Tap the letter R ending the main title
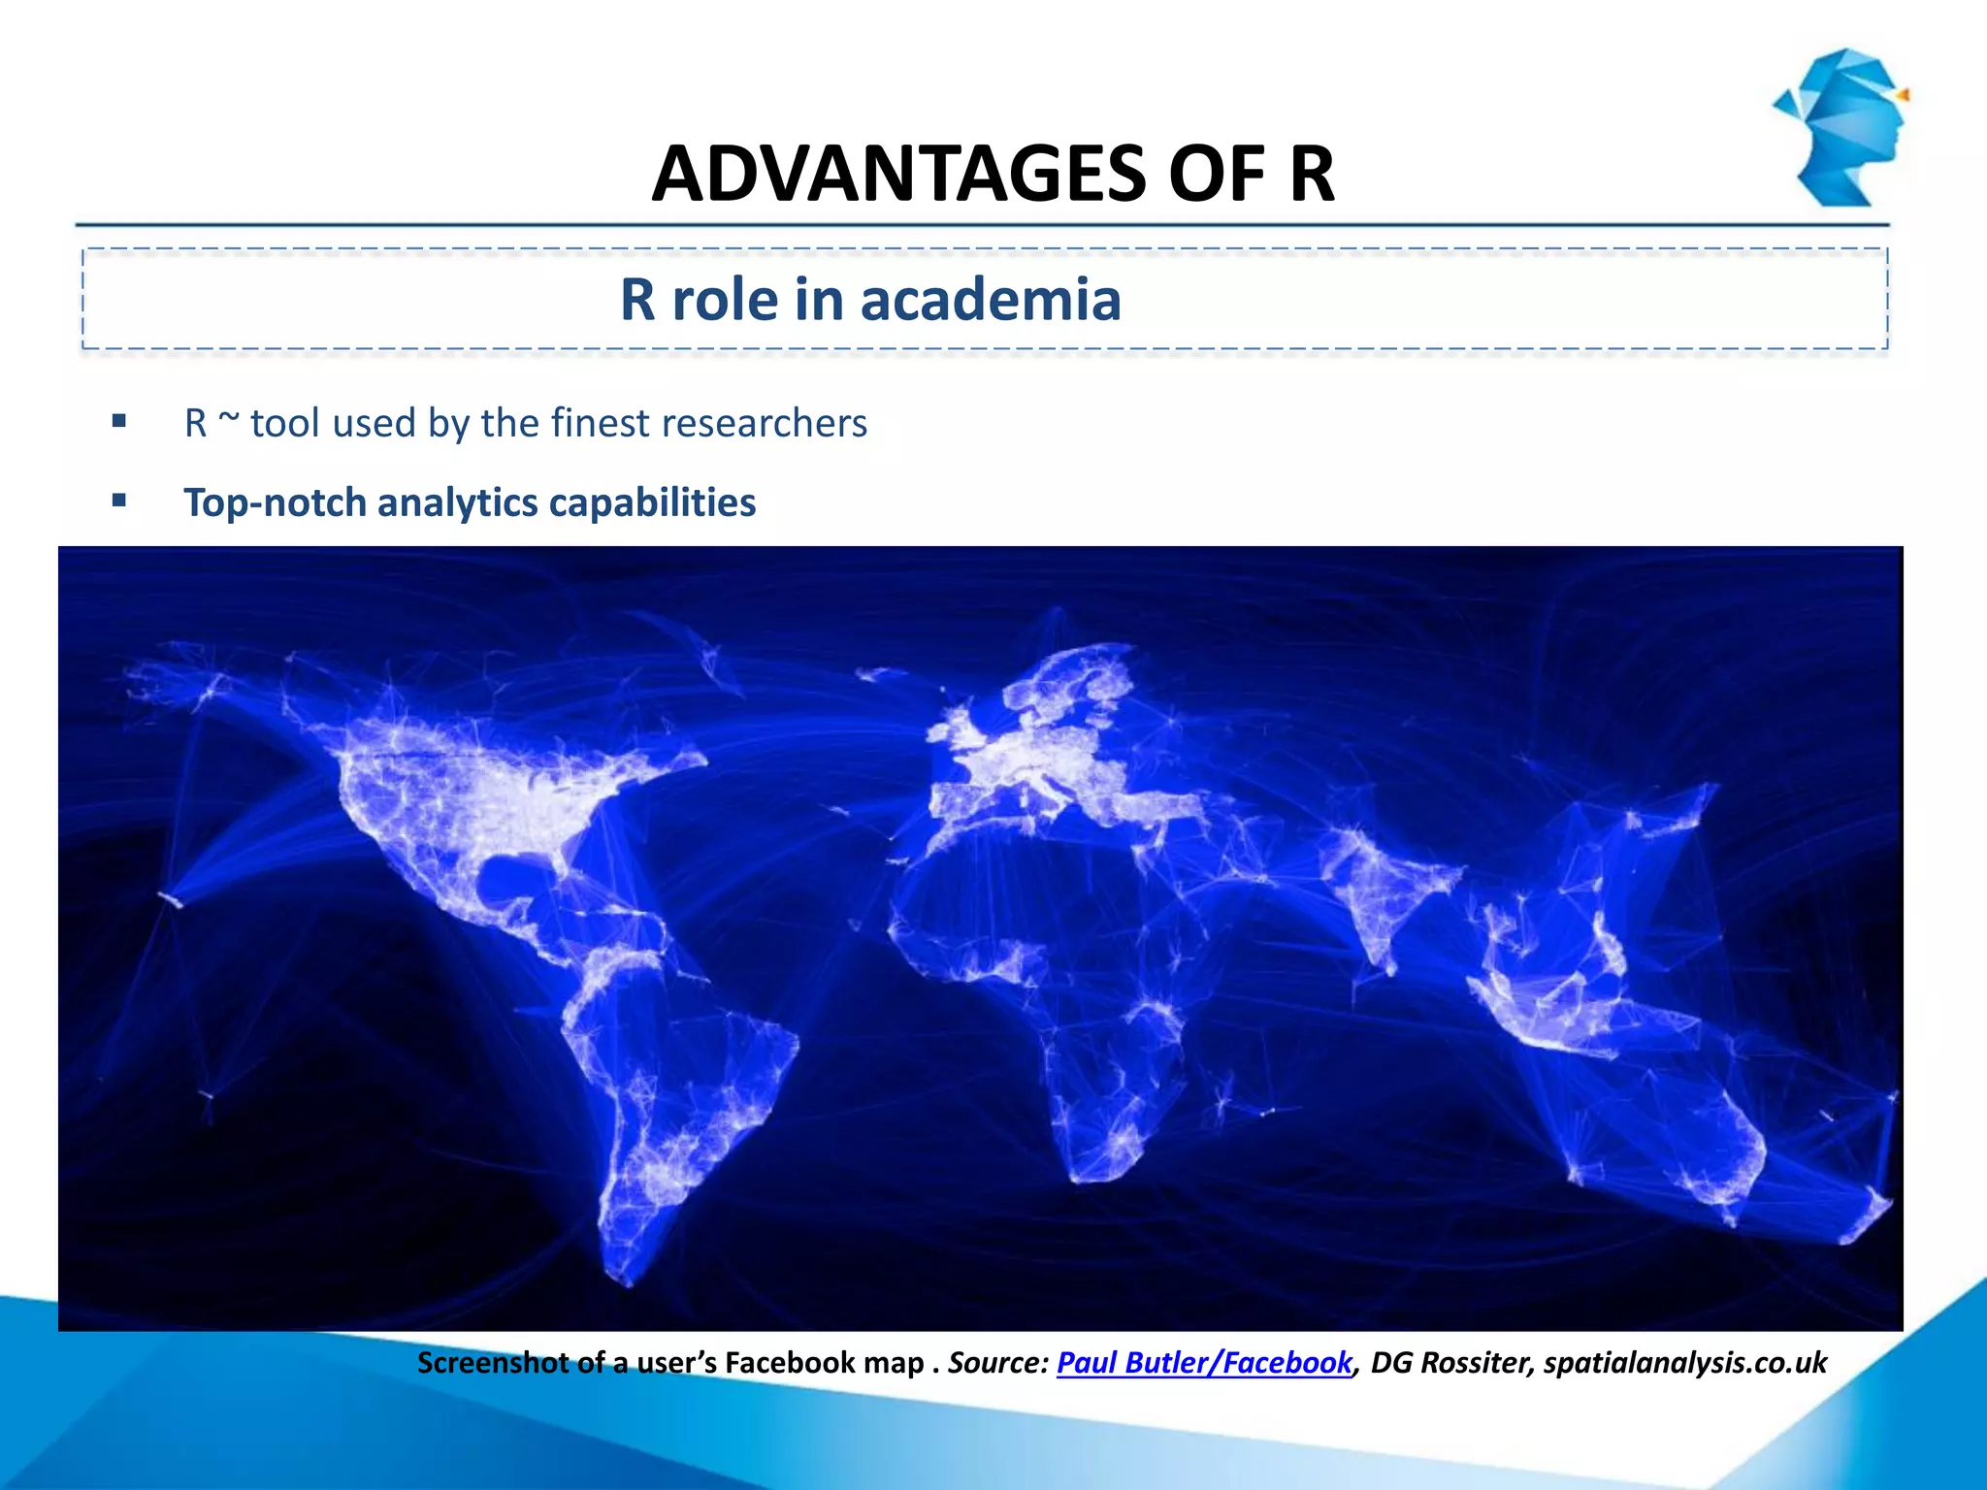point(1312,175)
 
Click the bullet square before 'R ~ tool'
point(119,421)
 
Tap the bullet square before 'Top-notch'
point(119,501)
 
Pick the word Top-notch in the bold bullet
point(276,503)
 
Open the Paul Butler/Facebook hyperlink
point(1204,1363)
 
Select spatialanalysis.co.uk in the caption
point(1685,1363)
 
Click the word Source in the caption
point(995,1363)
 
